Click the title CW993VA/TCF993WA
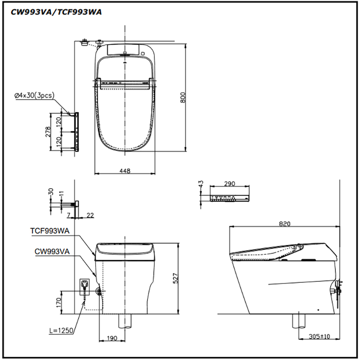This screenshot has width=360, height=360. coord(56,12)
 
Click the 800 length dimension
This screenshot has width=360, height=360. coord(183,97)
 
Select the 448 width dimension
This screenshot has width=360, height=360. coord(125,171)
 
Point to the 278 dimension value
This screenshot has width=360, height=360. coord(48,132)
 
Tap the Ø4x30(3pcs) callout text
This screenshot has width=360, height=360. coord(34,95)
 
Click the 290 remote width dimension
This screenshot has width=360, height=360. coord(229,184)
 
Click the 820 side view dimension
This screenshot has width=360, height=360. coord(285,224)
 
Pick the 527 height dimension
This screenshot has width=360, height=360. coord(175,278)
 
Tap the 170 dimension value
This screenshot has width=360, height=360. coord(58,302)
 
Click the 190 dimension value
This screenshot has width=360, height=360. coord(112,338)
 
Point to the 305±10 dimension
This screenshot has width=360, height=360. coord(319,336)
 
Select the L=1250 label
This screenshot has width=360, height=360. coord(61,331)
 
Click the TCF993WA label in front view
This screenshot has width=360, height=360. coord(50,231)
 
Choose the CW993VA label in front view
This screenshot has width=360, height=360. coord(52,252)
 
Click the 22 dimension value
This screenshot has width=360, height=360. coord(90,215)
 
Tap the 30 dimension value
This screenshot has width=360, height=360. coord(51,192)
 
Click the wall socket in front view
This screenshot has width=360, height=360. coord(84,287)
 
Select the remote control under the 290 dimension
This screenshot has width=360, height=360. coord(229,198)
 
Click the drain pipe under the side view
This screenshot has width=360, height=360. coord(299,321)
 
